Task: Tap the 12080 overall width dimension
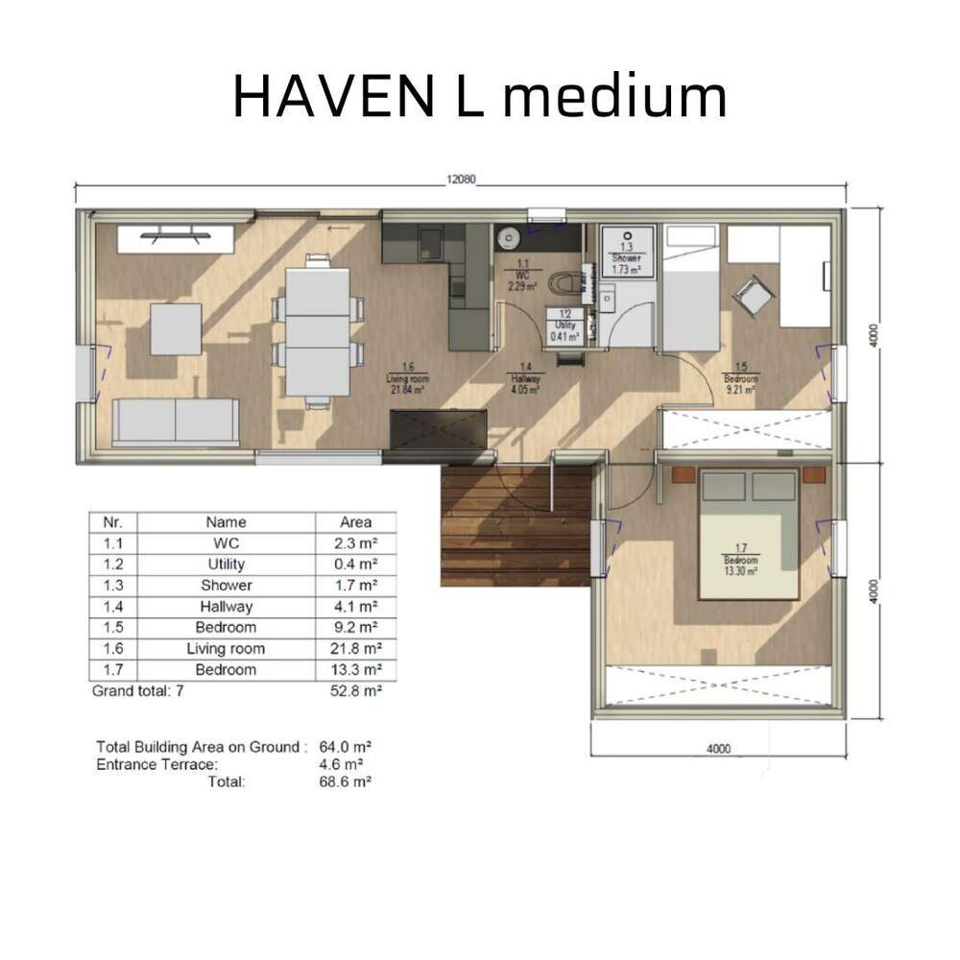tap(461, 179)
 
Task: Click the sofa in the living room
tap(176, 421)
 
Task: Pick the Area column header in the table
tap(356, 522)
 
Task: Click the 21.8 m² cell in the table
tap(356, 648)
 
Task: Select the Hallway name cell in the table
tap(227, 606)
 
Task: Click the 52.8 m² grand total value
tap(356, 690)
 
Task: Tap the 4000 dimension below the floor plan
tap(718, 749)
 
